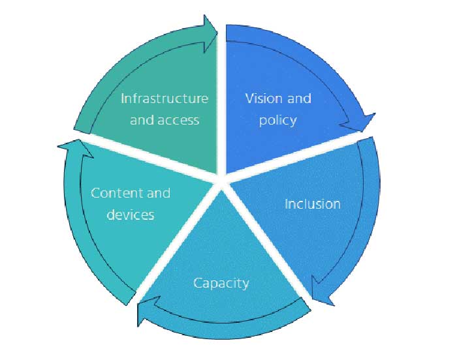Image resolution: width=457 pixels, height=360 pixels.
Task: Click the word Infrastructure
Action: pyautogui.click(x=165, y=98)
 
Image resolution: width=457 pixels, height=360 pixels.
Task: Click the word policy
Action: pyautogui.click(x=277, y=120)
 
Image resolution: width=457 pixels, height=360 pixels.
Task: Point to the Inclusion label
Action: pyautogui.click(x=312, y=204)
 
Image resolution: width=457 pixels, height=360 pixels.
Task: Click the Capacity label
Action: pyautogui.click(x=221, y=283)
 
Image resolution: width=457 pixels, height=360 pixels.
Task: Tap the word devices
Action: pyautogui.click(x=131, y=215)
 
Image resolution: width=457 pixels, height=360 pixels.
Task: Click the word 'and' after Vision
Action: pyautogui.click(x=299, y=98)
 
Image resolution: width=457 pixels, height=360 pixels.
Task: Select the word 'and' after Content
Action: pyautogui.click(x=158, y=193)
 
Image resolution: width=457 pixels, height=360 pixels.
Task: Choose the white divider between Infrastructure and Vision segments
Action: pyautogui.click(x=221, y=98)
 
